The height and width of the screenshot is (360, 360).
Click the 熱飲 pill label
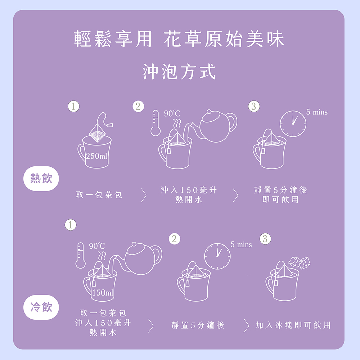[41, 179]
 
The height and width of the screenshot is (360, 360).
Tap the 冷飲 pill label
[41, 307]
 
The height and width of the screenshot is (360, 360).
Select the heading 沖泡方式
[179, 72]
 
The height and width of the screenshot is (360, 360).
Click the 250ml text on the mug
[96, 156]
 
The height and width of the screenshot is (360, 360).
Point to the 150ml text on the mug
[103, 292]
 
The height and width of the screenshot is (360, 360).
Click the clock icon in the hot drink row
[293, 124]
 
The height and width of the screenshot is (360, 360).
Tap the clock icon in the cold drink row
[217, 256]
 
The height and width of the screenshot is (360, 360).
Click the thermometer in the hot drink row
[156, 123]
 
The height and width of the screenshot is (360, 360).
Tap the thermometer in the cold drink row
[80, 255]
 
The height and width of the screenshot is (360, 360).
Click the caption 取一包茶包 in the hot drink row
[99, 195]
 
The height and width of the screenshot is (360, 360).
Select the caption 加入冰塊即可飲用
[293, 325]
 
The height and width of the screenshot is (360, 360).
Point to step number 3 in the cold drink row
[265, 239]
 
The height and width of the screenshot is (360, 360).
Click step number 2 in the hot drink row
[138, 106]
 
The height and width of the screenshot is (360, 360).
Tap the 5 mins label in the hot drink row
[317, 112]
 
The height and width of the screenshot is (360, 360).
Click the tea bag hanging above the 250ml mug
[100, 129]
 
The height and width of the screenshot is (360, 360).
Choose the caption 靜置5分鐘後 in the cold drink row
[198, 325]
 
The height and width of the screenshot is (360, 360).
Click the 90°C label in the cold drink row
[97, 246]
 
